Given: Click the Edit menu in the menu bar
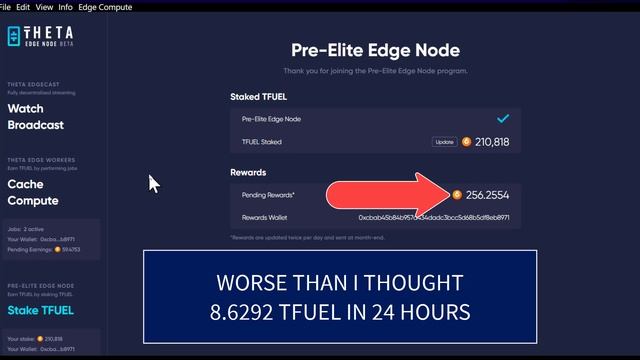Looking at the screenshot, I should [x=22, y=6].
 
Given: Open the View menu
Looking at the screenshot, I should [x=45, y=6].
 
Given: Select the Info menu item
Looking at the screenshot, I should [x=66, y=6].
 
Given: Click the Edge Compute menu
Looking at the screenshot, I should [x=105, y=6].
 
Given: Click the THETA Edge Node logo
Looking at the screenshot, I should [x=40, y=36].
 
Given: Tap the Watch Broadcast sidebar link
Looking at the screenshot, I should [x=36, y=117].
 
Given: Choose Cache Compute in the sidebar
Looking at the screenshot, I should [x=33, y=192].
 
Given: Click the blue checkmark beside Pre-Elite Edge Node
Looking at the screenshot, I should [x=502, y=119].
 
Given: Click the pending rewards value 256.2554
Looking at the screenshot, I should [x=487, y=195].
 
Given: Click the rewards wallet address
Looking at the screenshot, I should [x=434, y=217].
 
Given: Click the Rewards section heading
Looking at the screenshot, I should [x=248, y=173].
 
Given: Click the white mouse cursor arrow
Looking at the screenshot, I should [x=154, y=184].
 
